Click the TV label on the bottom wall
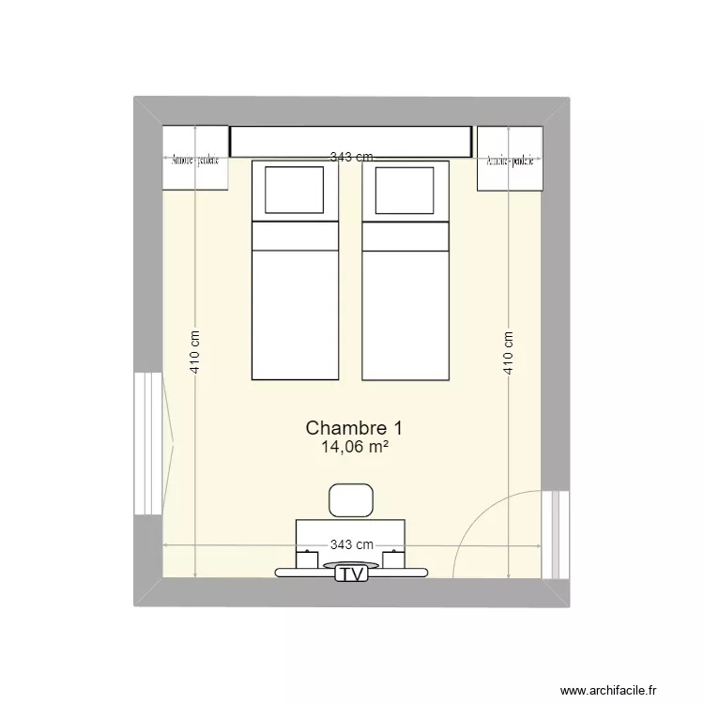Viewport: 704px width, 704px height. pyautogui.click(x=352, y=574)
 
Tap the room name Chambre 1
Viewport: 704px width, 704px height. pyautogui.click(x=354, y=428)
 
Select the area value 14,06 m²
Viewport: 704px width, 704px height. pyautogui.click(x=355, y=448)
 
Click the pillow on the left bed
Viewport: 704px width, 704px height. pyautogui.click(x=294, y=191)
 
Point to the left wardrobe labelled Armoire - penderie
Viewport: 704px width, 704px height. pyautogui.click(x=195, y=159)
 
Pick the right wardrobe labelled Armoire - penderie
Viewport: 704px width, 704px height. pyautogui.click(x=510, y=159)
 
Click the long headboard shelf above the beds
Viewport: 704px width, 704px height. pyautogui.click(x=350, y=142)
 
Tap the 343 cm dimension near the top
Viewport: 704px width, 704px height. pyautogui.click(x=351, y=158)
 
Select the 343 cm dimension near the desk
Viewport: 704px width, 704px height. pyautogui.click(x=352, y=544)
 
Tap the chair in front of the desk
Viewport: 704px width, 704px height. pyautogui.click(x=351, y=499)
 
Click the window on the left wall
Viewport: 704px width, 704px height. pyautogui.click(x=148, y=443)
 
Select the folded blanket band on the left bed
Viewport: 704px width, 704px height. pyautogui.click(x=294, y=237)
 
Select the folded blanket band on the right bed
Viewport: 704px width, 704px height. pyautogui.click(x=406, y=237)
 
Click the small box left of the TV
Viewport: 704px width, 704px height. pyautogui.click(x=307, y=559)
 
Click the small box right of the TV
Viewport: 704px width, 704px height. pyautogui.click(x=394, y=559)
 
